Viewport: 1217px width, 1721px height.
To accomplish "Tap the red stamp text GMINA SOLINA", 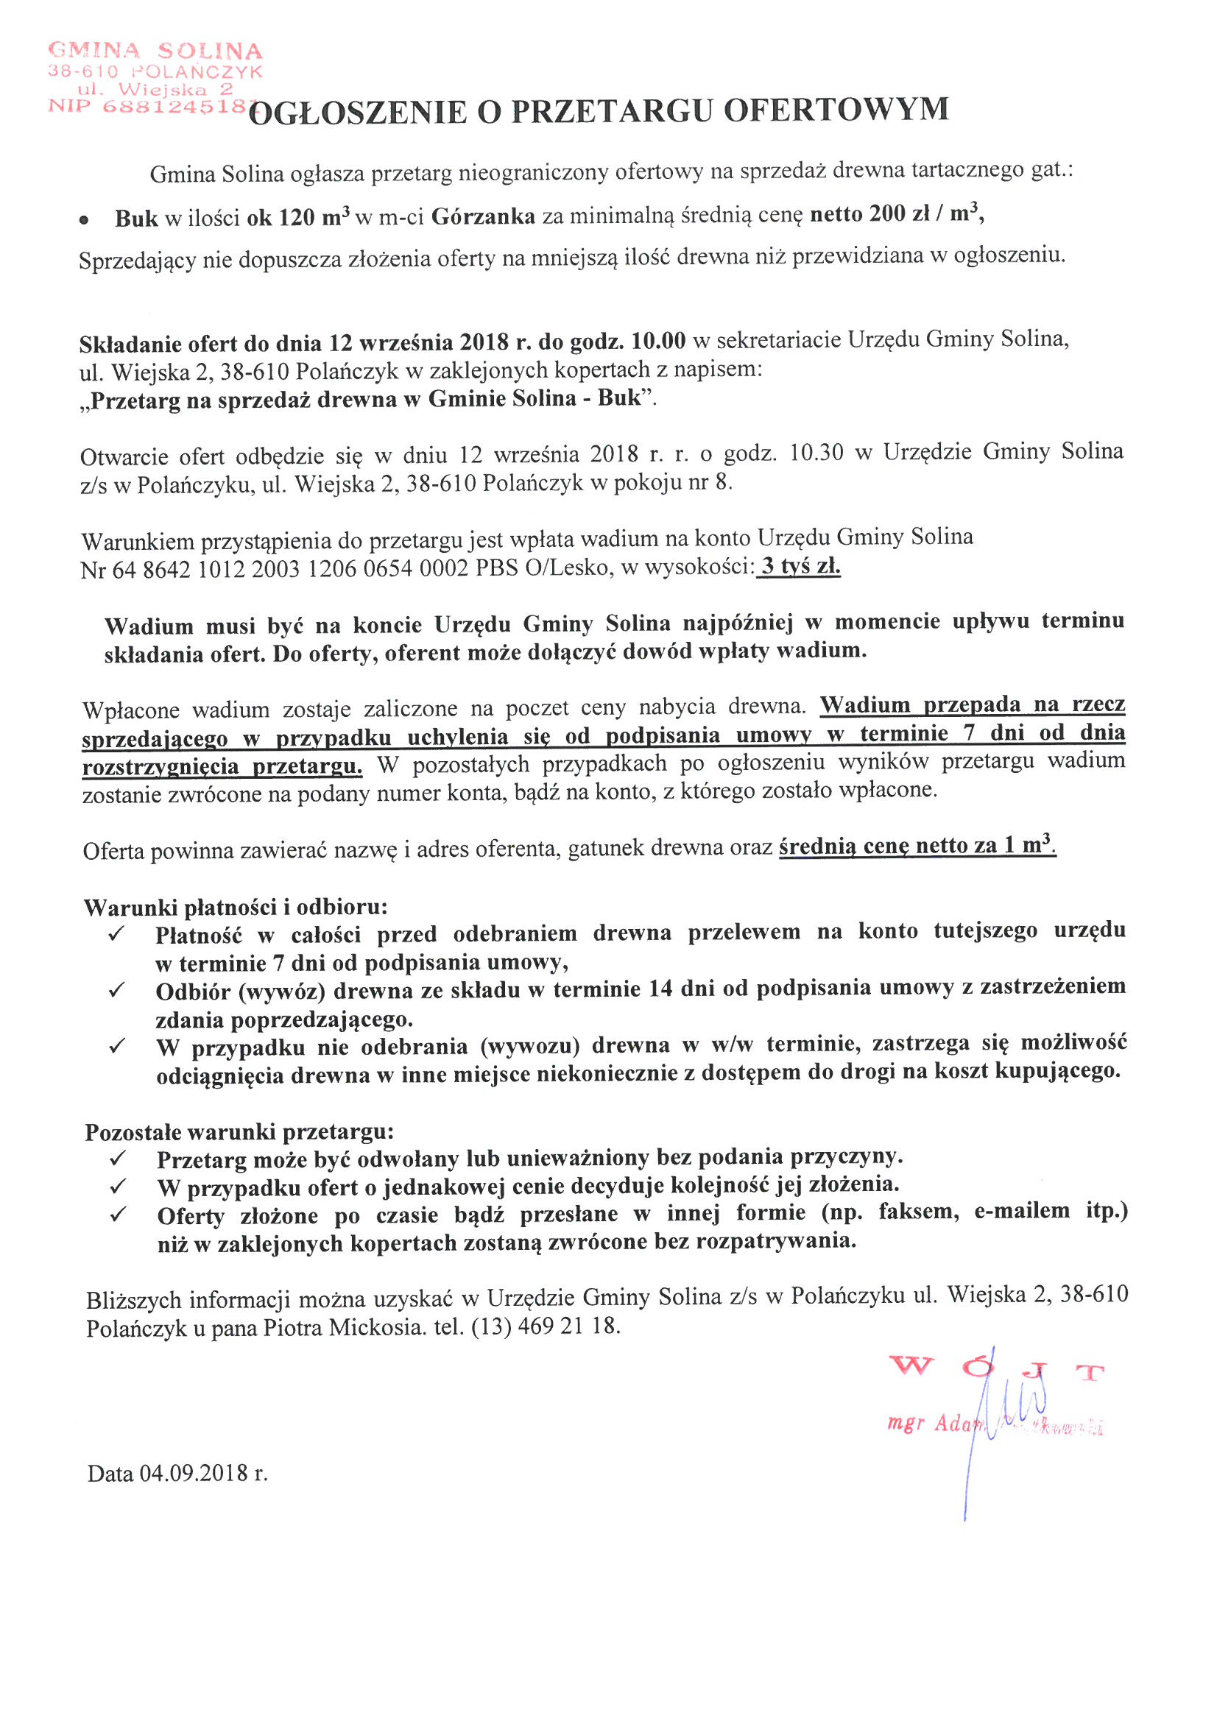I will click(155, 51).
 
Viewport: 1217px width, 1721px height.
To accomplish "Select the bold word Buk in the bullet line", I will click(135, 218).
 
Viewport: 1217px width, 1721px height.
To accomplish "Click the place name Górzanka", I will click(483, 216).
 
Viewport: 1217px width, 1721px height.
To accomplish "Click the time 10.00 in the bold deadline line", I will click(657, 341).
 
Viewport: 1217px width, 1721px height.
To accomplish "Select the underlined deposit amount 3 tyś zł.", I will click(800, 567).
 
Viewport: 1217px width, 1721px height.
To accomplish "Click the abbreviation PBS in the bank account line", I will click(497, 568).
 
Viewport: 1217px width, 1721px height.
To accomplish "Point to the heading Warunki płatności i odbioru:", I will click(236, 908).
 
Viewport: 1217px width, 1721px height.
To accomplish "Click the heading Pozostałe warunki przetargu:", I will click(239, 1132).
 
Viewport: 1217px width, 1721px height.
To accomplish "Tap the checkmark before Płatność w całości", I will click(116, 935).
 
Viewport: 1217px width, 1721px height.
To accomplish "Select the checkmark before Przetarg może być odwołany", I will click(117, 1159).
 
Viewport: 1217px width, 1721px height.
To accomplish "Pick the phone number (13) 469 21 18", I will click(545, 1326).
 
